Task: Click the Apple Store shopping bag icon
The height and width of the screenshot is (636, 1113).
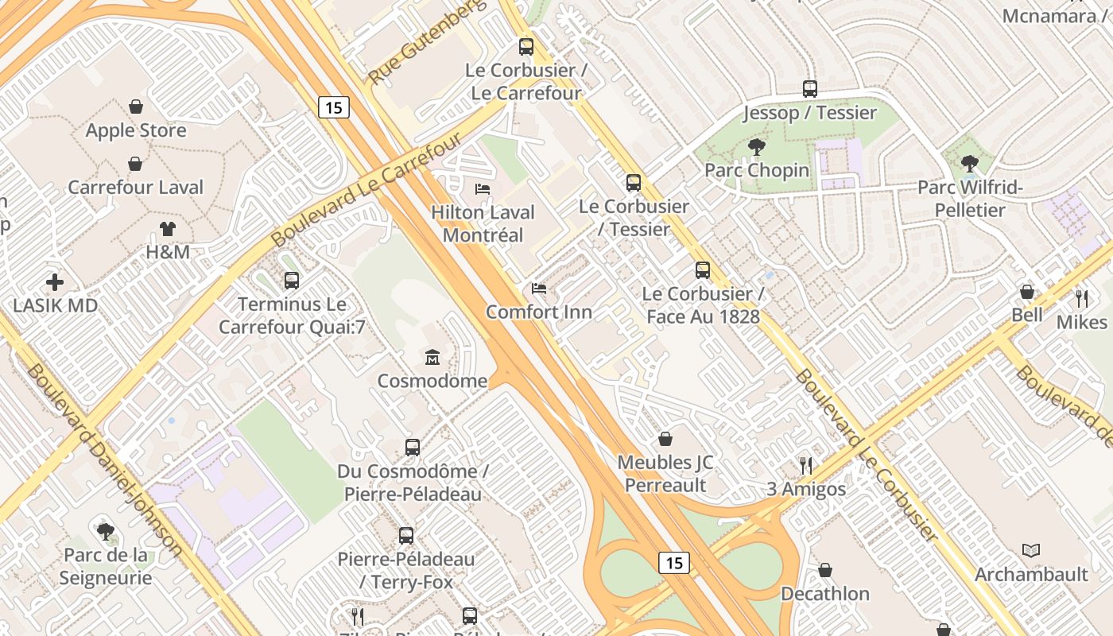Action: (x=136, y=107)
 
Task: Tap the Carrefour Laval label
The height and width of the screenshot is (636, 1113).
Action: (x=136, y=188)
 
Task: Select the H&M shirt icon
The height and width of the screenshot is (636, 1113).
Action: (x=167, y=229)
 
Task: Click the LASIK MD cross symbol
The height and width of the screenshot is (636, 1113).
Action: (x=55, y=281)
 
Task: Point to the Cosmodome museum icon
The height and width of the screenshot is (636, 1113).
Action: (x=432, y=357)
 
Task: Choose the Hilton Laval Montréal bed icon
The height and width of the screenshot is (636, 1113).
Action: (x=483, y=189)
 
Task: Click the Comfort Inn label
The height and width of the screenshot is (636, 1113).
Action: (x=539, y=312)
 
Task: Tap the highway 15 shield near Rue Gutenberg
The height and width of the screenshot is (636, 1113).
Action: (x=334, y=107)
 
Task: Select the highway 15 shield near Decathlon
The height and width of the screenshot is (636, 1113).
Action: (x=673, y=563)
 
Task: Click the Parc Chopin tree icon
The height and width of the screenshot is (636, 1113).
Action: (x=757, y=146)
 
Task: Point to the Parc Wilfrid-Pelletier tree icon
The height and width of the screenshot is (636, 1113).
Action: (x=969, y=164)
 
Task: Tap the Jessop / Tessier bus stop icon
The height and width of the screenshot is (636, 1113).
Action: (x=810, y=89)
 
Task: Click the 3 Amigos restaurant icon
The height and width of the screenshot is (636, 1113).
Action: (x=806, y=465)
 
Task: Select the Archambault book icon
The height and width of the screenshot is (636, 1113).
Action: (x=1031, y=550)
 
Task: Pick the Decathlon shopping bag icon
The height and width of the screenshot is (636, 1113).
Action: (x=825, y=570)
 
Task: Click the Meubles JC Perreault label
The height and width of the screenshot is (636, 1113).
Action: (x=665, y=474)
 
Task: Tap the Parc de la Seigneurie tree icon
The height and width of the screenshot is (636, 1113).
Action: (x=105, y=531)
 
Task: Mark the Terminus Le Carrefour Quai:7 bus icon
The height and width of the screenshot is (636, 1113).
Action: (x=292, y=281)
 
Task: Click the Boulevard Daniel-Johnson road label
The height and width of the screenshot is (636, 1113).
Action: (x=104, y=461)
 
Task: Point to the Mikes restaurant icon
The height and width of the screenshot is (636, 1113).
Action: (x=1081, y=299)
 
